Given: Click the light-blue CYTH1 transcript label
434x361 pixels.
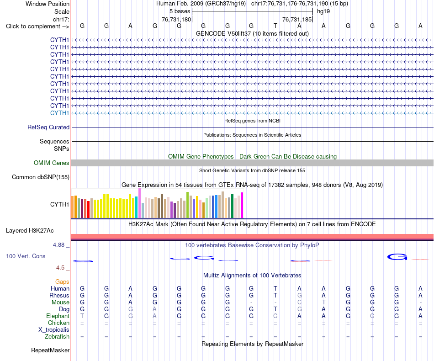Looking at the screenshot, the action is pos(59,113).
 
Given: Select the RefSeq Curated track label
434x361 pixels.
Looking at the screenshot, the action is pos(48,127).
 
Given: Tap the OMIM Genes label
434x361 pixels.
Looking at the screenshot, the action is pos(51,163).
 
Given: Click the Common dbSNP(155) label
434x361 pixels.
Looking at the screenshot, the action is pos(41,177).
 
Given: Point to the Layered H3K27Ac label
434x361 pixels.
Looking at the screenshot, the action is pos(30,231).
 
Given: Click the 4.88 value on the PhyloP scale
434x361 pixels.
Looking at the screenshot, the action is pos(58,245).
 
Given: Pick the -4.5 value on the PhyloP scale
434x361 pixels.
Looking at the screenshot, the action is pos(59,268).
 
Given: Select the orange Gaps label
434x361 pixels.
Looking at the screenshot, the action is pos(62,282).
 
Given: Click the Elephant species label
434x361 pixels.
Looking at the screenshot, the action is pos(58,316).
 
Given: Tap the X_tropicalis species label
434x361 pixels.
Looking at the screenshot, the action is pos(54,330).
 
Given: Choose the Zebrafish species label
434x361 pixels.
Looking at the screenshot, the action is pos(57,337).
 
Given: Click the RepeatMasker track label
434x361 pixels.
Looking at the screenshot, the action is pos(50,350).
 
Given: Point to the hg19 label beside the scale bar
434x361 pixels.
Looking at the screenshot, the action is pos(323,11).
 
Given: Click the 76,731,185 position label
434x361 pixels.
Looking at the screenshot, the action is pos(297,19).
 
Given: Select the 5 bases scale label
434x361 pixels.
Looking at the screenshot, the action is pos(180,11).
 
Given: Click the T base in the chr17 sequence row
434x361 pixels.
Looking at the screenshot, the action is pos(275,26).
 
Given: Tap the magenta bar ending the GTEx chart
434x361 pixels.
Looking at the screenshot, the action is pos(242,205).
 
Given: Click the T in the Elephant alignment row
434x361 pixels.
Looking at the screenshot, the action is pos(82,316).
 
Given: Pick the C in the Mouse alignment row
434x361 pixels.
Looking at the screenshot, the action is pos(300,303).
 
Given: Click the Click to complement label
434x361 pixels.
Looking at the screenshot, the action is pos(37,27).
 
